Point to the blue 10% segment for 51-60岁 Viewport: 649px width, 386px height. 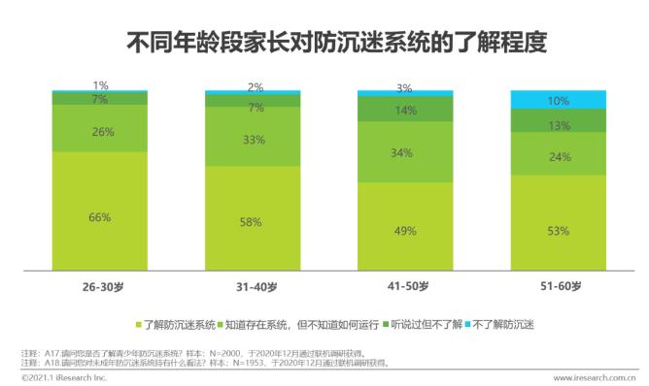tap(559, 100)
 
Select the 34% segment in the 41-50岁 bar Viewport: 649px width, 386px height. tap(405, 152)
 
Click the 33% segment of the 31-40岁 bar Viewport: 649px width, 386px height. tap(252, 139)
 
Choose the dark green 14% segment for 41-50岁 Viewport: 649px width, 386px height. tap(405, 110)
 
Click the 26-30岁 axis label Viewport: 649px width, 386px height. tap(100, 286)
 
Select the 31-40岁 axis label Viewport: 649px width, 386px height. tap(253, 286)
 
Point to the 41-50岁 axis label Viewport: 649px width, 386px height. tap(405, 286)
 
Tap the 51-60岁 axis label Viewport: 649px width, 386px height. tap(559, 286)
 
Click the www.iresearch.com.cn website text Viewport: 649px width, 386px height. tap(594, 377)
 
